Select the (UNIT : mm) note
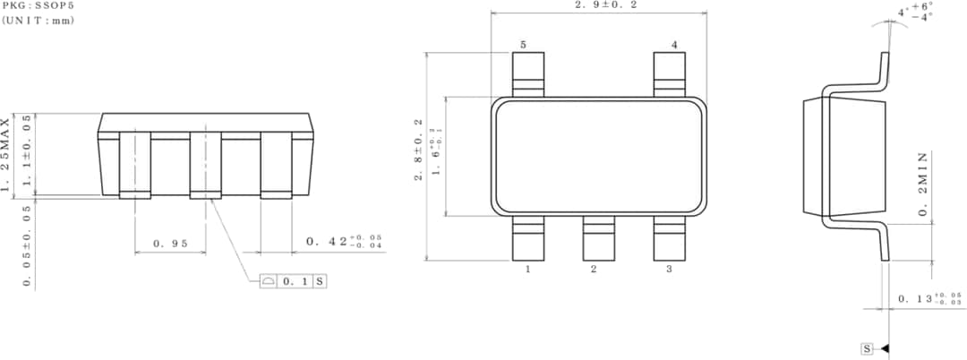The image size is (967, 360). tap(39, 20)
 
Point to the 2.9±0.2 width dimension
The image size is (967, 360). tap(599, 5)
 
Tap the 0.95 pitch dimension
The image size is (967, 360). tap(170, 242)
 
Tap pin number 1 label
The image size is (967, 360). tap(528, 269)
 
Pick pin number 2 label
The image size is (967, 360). tap(593, 269)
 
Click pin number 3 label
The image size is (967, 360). tap(669, 269)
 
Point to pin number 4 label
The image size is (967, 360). tap(674, 45)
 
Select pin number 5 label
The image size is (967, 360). tap(523, 45)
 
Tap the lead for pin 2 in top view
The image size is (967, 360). tap(598, 238)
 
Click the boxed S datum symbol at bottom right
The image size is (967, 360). tap(867, 348)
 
